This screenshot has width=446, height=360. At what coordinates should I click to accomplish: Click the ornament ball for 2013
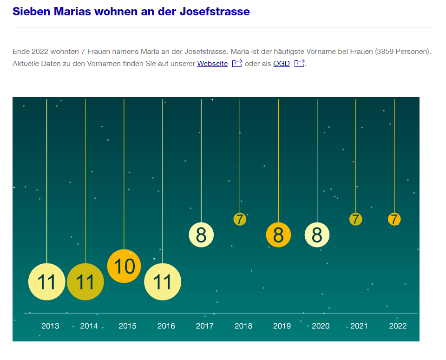pyautogui.click(x=46, y=281)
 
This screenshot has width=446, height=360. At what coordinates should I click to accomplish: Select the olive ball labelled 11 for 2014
pyautogui.click(x=85, y=281)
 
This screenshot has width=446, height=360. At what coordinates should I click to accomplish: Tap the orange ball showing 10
pyautogui.click(x=124, y=266)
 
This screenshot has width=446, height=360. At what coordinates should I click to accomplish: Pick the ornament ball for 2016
pyautogui.click(x=163, y=281)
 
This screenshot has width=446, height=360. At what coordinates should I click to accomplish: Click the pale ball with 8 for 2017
pyautogui.click(x=201, y=235)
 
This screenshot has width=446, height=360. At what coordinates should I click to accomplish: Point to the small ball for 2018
pyautogui.click(x=240, y=219)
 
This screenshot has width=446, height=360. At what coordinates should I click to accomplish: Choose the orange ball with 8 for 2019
pyautogui.click(x=278, y=235)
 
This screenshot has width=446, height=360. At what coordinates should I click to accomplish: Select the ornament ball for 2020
pyautogui.click(x=317, y=235)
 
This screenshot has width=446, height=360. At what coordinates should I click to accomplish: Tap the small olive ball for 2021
pyautogui.click(x=355, y=219)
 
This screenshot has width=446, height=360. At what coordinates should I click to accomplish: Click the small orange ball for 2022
pyautogui.click(x=394, y=219)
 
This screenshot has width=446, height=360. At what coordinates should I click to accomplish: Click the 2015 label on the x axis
pyautogui.click(x=127, y=326)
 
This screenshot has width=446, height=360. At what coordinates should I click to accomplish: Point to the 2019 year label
pyautogui.click(x=282, y=326)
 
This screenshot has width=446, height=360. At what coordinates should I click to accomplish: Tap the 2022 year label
pyautogui.click(x=398, y=326)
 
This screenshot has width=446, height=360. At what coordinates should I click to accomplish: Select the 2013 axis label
pyautogui.click(x=50, y=326)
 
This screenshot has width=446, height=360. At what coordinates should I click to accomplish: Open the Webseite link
pyautogui.click(x=212, y=64)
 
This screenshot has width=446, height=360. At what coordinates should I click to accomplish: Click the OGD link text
pyautogui.click(x=282, y=64)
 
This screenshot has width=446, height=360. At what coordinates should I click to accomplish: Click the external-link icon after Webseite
pyautogui.click(x=237, y=63)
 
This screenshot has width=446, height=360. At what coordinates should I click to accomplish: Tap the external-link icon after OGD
pyautogui.click(x=299, y=63)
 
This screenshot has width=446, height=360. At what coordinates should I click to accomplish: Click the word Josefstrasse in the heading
pyautogui.click(x=214, y=12)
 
